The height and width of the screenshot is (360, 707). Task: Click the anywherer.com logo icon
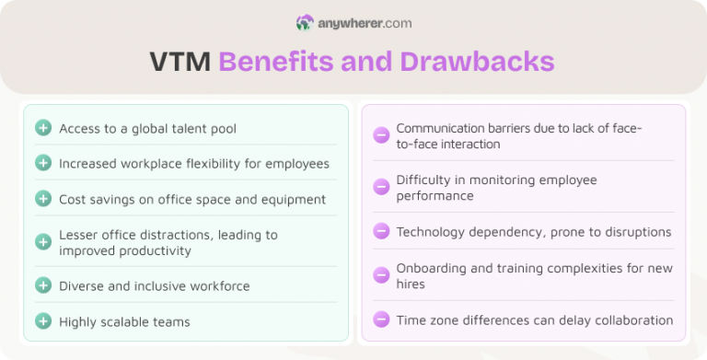[305, 22]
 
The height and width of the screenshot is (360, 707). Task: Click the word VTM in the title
[180, 62]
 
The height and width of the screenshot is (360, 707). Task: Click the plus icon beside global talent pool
[43, 128]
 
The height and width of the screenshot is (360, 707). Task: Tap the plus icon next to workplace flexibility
[43, 163]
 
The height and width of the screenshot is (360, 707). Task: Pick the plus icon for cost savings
[43, 199]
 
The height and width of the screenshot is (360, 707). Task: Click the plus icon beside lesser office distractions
[43, 242]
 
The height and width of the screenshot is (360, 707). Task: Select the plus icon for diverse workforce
[43, 285]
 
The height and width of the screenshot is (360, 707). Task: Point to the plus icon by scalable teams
[43, 321]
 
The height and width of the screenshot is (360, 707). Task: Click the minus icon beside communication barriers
[381, 136]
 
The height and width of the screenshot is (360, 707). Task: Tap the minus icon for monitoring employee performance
[381, 187]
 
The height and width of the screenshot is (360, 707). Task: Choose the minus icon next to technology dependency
[381, 231]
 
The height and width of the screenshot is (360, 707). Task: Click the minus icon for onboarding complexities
[381, 275]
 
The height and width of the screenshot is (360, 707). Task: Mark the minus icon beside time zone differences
[381, 319]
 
